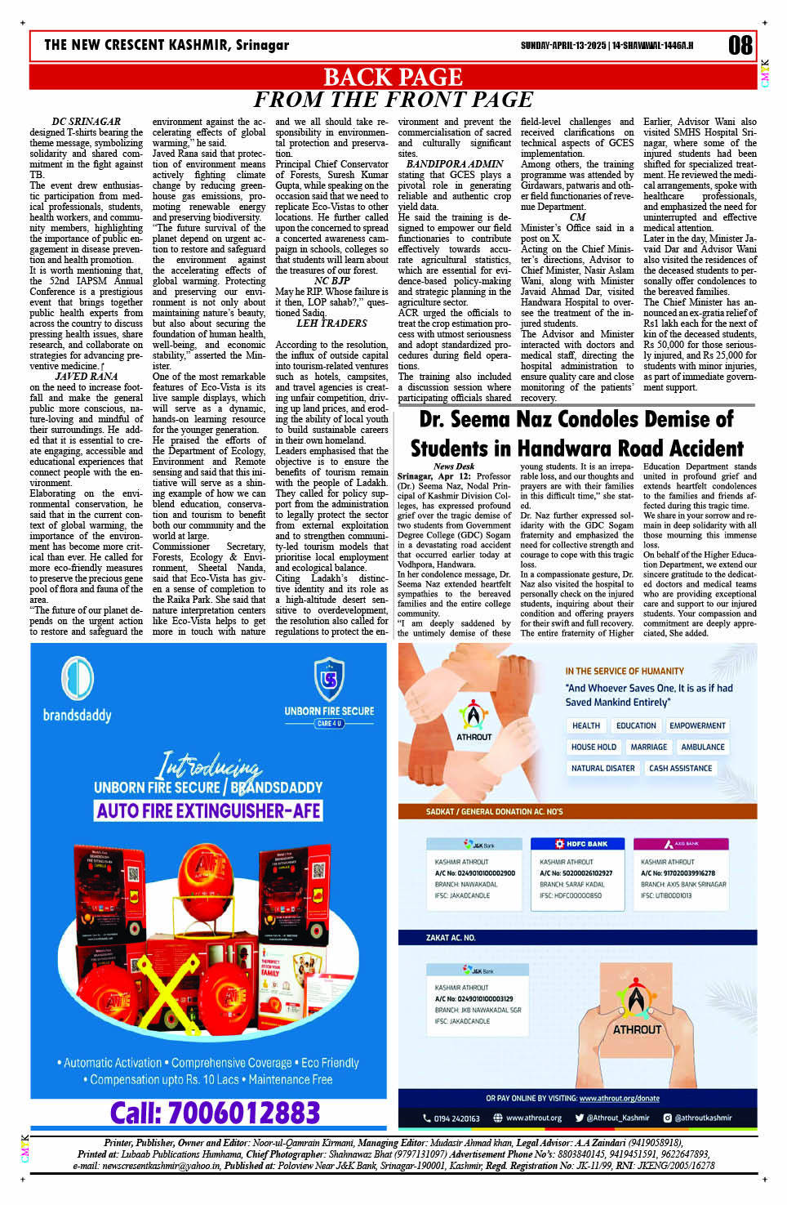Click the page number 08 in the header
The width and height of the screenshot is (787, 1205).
pos(740,45)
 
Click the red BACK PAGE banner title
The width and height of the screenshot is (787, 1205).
pos(393,77)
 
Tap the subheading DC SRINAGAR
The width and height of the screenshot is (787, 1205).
pos(87,122)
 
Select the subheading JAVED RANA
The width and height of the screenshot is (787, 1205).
pos(87,377)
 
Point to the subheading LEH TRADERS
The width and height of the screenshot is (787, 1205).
pos(331,324)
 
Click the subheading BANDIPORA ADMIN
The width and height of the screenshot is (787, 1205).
pos(455,164)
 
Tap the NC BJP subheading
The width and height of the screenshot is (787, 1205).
pos(331,281)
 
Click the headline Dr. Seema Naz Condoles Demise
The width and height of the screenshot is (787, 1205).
pos(576,434)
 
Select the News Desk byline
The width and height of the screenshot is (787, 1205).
pos(454,466)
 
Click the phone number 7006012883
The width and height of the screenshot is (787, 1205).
pos(215,1113)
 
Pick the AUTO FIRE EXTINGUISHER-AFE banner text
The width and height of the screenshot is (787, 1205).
pos(209,810)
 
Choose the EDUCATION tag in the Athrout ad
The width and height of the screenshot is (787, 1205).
pos(636,725)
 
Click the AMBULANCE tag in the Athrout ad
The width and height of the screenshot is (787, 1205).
pos(702,747)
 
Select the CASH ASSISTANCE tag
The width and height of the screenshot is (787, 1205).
pos(680,768)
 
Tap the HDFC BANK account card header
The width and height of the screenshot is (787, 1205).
pos(581,844)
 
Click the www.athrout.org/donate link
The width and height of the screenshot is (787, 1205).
pos(619,1098)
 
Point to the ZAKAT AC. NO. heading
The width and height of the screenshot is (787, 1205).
pos(451,938)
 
